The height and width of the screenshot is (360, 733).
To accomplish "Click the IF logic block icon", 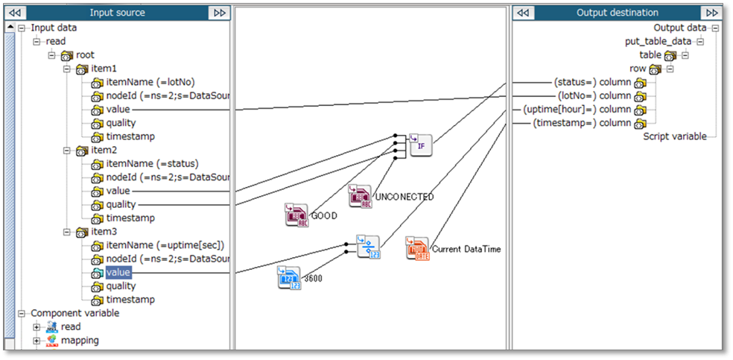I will [x=421, y=145].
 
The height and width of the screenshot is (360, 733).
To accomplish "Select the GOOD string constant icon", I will [x=296, y=215].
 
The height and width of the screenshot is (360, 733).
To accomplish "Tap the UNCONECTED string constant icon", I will [x=361, y=196].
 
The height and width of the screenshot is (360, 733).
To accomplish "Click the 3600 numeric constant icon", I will [x=289, y=277].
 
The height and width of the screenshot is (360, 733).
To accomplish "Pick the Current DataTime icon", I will [x=417, y=248].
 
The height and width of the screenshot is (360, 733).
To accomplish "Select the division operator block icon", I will [x=368, y=247].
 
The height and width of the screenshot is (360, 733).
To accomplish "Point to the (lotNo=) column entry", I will [x=594, y=95].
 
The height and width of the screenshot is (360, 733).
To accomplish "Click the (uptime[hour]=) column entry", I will [x=583, y=110].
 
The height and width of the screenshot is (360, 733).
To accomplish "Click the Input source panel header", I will [x=117, y=13].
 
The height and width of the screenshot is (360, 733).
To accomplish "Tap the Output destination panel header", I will [x=617, y=13].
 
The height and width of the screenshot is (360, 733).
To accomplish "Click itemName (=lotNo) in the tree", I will [x=151, y=82].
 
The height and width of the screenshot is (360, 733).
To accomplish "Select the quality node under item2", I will [x=121, y=204].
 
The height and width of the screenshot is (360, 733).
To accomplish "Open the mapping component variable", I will [x=80, y=340].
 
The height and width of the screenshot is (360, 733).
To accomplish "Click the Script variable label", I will [x=675, y=136].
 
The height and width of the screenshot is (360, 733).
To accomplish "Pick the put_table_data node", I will [x=658, y=42].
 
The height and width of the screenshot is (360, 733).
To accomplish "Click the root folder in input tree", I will [x=85, y=55].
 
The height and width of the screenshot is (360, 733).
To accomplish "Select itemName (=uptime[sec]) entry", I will [x=165, y=245].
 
